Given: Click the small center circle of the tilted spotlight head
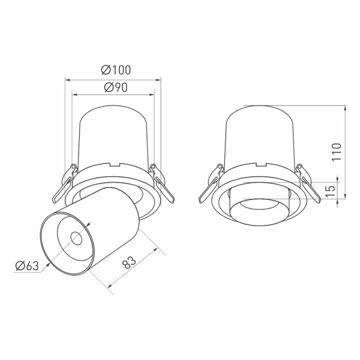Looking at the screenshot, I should coord(76,239).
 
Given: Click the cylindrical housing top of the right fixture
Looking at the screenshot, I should coord(260,135).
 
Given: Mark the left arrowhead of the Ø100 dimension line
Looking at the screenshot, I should coord(67,78).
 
